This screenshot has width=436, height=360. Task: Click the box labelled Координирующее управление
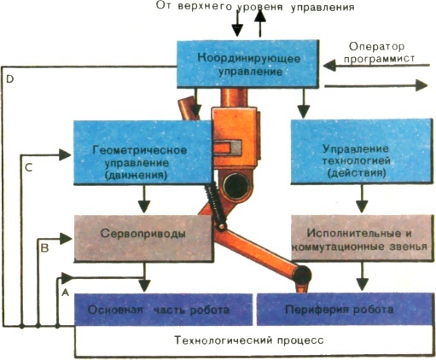[x=247, y=63]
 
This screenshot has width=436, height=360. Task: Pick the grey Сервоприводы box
[x=141, y=232]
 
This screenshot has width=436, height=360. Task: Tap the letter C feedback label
[x=28, y=168]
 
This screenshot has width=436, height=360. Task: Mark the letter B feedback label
[x=46, y=248]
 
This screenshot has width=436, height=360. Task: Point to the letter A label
[x=64, y=291]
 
